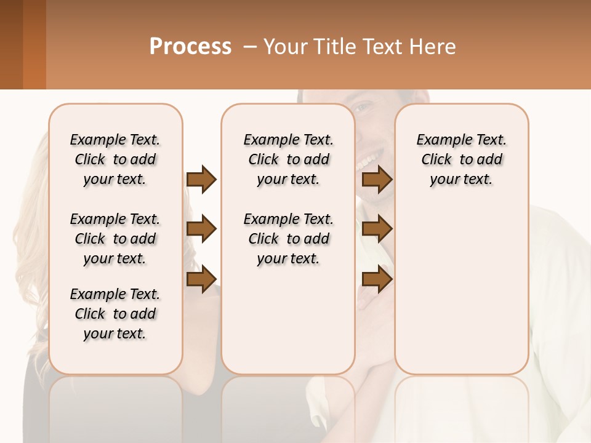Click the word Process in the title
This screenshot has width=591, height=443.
pyautogui.click(x=190, y=47)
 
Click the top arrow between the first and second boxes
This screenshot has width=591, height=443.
pyautogui.click(x=201, y=180)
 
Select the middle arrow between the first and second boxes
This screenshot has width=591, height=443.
pyautogui.click(x=201, y=229)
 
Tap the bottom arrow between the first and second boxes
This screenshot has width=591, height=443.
pyautogui.click(x=201, y=279)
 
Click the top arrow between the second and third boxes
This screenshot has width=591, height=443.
pyautogui.click(x=377, y=180)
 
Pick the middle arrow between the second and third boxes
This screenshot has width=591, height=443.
pyautogui.click(x=377, y=229)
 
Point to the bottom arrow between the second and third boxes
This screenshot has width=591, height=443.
pyautogui.click(x=377, y=279)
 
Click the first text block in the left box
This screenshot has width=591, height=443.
pyautogui.click(x=115, y=159)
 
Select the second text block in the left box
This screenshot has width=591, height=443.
pyautogui.click(x=115, y=239)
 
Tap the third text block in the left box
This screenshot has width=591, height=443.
pyautogui.click(x=115, y=314)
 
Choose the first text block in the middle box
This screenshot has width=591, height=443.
pyautogui.click(x=288, y=159)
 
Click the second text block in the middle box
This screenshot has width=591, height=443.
pyautogui.click(x=288, y=239)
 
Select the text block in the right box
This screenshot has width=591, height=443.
pyautogui.click(x=461, y=159)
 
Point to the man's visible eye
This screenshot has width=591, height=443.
pyautogui.click(x=364, y=108)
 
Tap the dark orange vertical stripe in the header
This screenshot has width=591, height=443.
pyautogui.click(x=34, y=44)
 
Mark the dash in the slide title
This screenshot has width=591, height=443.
pyautogui.click(x=250, y=47)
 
